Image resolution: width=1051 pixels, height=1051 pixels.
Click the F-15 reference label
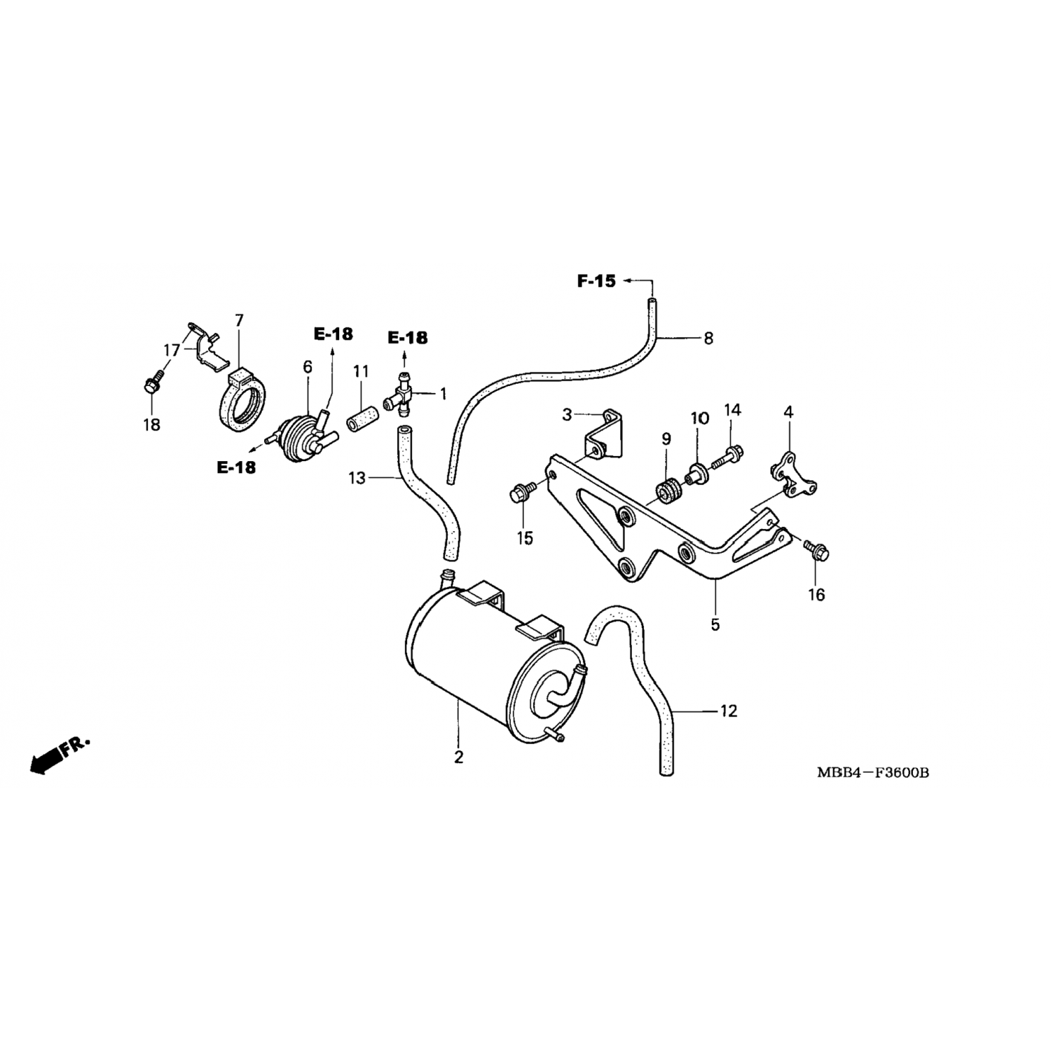click(x=596, y=281)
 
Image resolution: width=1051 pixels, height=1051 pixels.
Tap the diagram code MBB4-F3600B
click(x=872, y=773)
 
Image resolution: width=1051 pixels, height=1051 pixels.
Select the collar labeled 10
click(x=697, y=472)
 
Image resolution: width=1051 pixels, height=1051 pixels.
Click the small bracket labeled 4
click(x=788, y=476)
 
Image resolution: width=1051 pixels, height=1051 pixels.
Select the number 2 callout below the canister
click(x=458, y=757)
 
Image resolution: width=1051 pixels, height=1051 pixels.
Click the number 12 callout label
click(x=729, y=711)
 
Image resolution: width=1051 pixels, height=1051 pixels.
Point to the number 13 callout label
click(x=357, y=478)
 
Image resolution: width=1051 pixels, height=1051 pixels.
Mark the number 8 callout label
click(x=708, y=338)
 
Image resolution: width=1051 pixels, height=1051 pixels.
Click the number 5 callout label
click(x=715, y=624)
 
